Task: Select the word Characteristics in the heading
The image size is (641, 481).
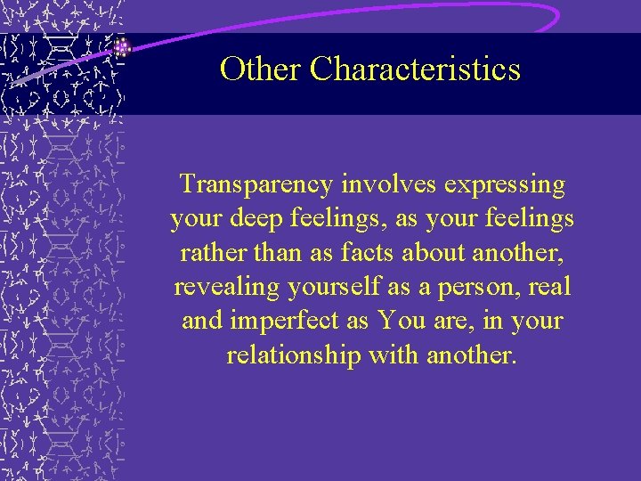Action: (415, 69)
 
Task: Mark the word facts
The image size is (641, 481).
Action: (365, 252)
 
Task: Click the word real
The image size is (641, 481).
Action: (551, 286)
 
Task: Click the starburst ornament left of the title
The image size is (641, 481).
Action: (122, 48)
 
